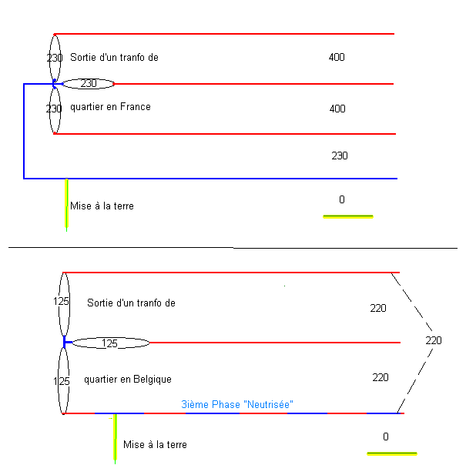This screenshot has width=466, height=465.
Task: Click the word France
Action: tap(136, 107)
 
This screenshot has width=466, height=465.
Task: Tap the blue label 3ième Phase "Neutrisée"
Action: tap(237, 403)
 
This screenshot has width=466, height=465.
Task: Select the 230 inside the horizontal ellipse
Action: tap(89, 83)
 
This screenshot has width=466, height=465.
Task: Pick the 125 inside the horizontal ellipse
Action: tap(110, 343)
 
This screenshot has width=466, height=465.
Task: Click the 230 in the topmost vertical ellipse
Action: tap(54, 58)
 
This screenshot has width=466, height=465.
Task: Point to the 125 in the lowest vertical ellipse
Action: tap(62, 381)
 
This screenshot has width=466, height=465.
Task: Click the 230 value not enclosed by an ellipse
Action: tap(340, 156)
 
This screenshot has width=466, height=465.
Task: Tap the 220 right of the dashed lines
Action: tap(434, 340)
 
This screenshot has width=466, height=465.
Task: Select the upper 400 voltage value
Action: tap(337, 57)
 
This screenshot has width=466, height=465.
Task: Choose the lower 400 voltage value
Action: tap(337, 109)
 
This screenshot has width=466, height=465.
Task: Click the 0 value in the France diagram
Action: tap(342, 199)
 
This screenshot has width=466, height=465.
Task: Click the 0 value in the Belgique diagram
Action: tap(386, 437)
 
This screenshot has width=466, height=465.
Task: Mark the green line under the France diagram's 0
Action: tap(348, 217)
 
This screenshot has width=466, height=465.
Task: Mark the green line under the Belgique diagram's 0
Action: tap(392, 453)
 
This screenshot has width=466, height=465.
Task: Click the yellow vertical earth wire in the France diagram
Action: tap(67, 205)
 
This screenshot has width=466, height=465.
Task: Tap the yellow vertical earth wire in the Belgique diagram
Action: tap(115, 439)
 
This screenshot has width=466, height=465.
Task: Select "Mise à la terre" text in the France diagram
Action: tap(102, 206)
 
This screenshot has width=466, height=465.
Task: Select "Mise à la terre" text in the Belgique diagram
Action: tap(155, 444)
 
